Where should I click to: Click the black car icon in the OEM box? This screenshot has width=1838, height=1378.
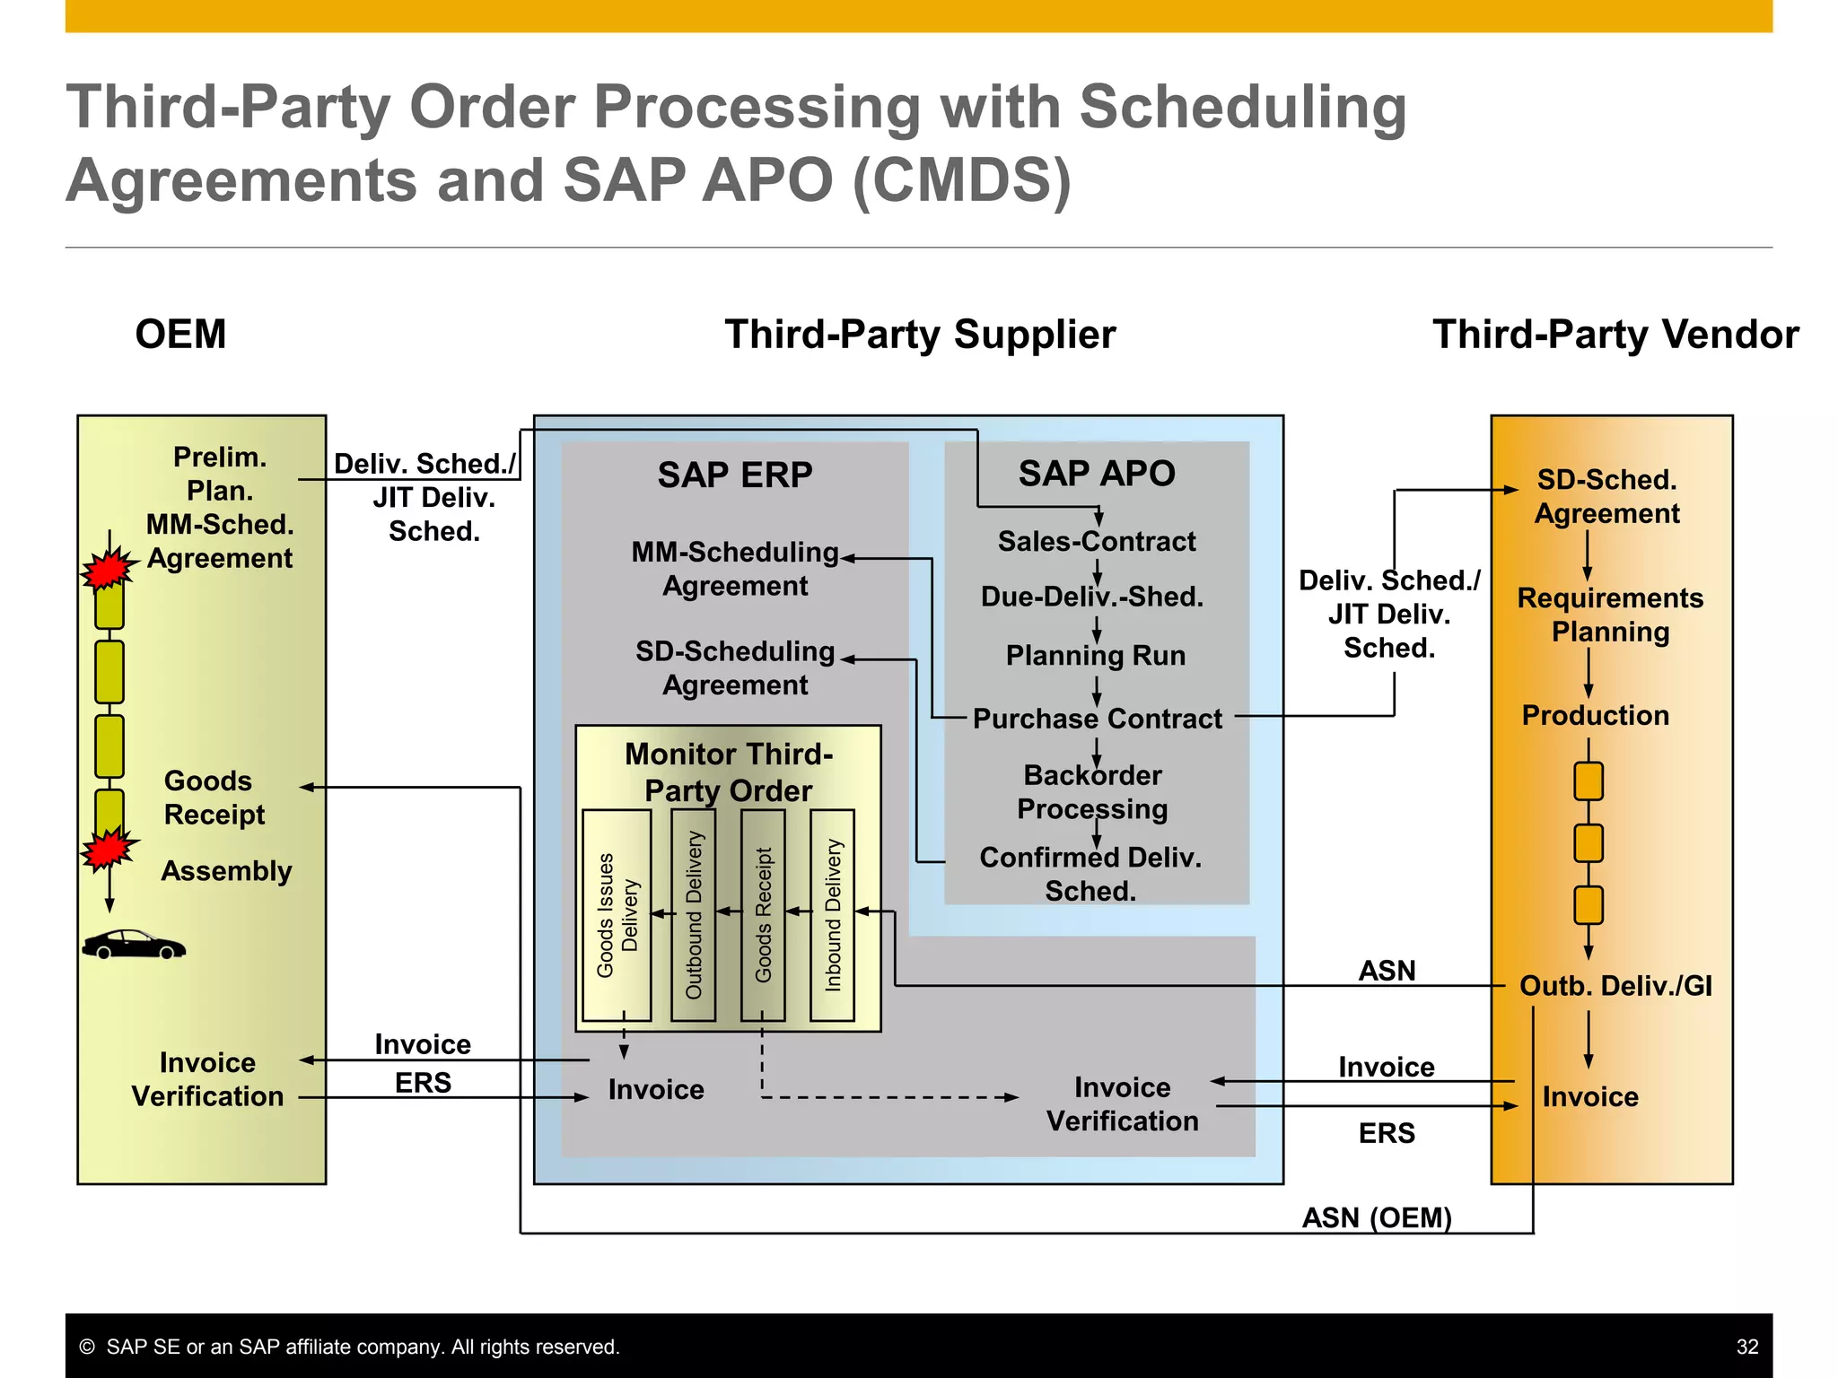click(x=134, y=945)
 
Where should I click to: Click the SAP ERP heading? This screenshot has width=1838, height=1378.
click(x=735, y=475)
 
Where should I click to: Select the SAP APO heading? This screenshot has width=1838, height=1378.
click(x=1096, y=473)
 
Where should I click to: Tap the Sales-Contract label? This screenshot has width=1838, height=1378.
click(x=1096, y=542)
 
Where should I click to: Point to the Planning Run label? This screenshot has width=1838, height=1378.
click(x=1095, y=656)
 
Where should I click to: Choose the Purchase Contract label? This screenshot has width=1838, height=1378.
click(x=1097, y=719)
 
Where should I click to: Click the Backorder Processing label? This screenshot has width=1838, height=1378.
click(x=1092, y=792)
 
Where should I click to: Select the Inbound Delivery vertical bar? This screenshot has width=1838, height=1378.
click(x=832, y=915)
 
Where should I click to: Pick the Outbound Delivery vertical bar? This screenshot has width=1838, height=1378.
click(x=694, y=915)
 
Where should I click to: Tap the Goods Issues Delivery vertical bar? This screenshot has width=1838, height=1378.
click(x=617, y=915)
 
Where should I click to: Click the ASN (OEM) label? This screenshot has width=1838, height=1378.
click(x=1376, y=1217)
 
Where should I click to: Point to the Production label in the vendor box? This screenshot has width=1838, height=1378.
click(x=1595, y=715)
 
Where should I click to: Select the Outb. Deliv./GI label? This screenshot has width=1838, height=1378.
click(x=1615, y=986)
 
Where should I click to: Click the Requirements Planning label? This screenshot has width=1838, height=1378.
click(x=1610, y=615)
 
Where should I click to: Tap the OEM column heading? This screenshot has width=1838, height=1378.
click(x=180, y=335)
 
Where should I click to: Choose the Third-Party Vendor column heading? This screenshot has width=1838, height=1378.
click(x=1615, y=335)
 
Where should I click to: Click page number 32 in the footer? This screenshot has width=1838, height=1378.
click(x=1746, y=1347)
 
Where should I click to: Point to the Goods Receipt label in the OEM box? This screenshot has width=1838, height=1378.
click(x=214, y=798)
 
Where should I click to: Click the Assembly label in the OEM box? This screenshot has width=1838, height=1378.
click(x=226, y=871)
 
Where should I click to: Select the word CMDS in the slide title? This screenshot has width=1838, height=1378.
click(x=961, y=180)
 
